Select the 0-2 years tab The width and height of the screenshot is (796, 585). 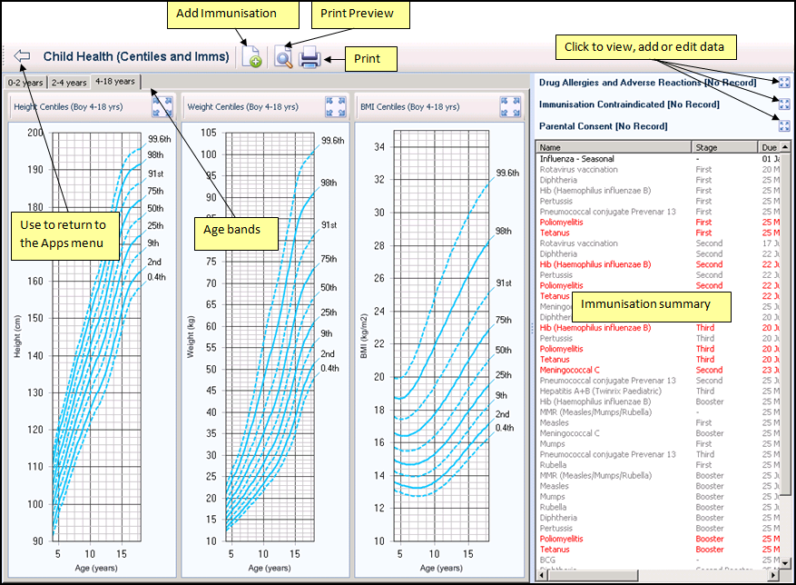pyautogui.click(x=25, y=83)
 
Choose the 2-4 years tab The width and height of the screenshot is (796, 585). pyautogui.click(x=69, y=83)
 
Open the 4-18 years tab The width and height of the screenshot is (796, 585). pyautogui.click(x=114, y=82)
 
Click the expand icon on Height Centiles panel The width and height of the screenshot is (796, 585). pyautogui.click(x=162, y=106)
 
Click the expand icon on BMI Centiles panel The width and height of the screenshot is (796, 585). pyautogui.click(x=510, y=106)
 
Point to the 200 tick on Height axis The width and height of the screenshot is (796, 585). pyautogui.click(x=34, y=133)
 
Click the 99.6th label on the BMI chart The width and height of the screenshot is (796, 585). pyautogui.click(x=507, y=173)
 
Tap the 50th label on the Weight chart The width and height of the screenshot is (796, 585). pyautogui.click(x=328, y=287)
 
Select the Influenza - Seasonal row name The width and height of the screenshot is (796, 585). pyautogui.click(x=575, y=159)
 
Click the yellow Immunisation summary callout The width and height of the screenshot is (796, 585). pyautogui.click(x=645, y=304)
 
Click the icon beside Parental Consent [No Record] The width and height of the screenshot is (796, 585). pyautogui.click(x=784, y=126)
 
